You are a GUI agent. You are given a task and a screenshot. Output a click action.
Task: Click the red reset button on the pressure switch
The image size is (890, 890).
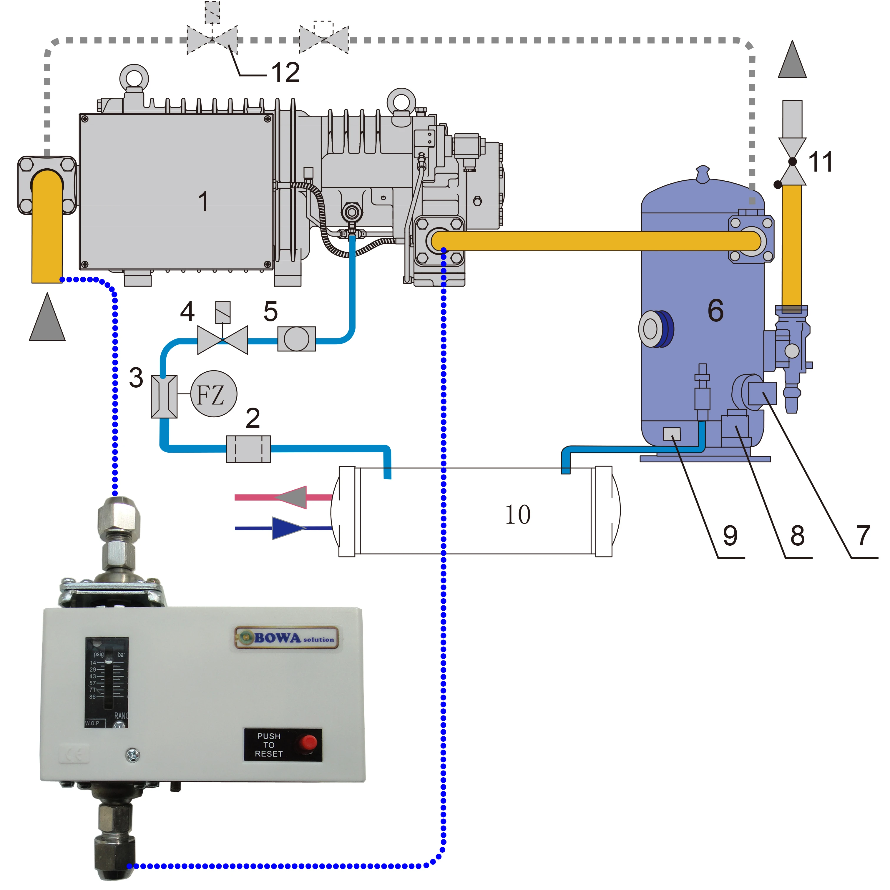point(308,743)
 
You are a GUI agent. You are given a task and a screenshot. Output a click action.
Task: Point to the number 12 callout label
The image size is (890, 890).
point(285,72)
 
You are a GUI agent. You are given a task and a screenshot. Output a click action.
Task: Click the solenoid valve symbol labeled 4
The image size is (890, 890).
point(222,340)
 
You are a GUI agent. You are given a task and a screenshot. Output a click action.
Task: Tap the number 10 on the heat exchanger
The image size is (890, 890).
point(518,514)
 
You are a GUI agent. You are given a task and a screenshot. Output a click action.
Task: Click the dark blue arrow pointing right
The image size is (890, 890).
point(288,528)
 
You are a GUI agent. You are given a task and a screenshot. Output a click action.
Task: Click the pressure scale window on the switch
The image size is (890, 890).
point(107,682)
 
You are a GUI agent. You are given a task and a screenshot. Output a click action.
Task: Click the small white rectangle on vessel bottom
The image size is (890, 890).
point(671,434)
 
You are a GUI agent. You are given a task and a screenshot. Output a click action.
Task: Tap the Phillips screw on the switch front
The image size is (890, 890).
point(133,755)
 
